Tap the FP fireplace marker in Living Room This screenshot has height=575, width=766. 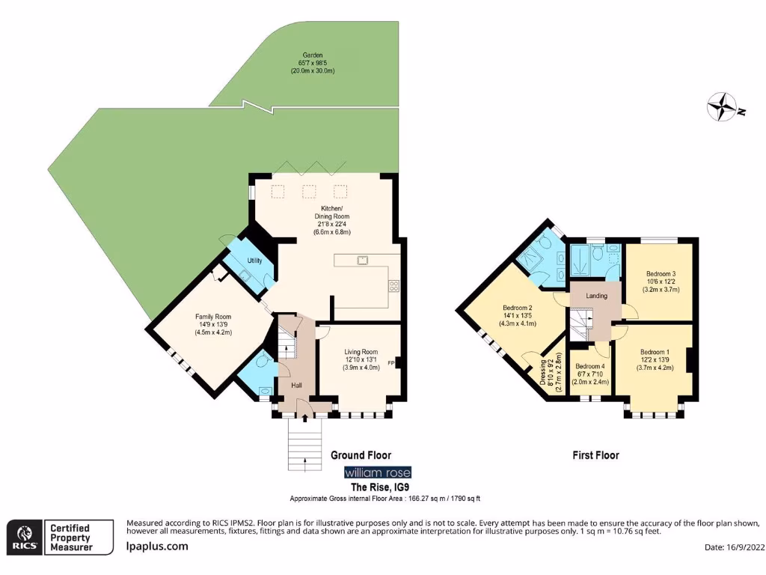click(x=390, y=364)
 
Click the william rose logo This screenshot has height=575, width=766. click(x=377, y=472)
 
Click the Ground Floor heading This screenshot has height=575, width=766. click(x=361, y=455)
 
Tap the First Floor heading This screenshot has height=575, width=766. click(x=595, y=455)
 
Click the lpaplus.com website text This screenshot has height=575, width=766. click(x=156, y=547)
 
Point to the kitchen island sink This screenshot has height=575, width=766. click(x=362, y=261)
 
